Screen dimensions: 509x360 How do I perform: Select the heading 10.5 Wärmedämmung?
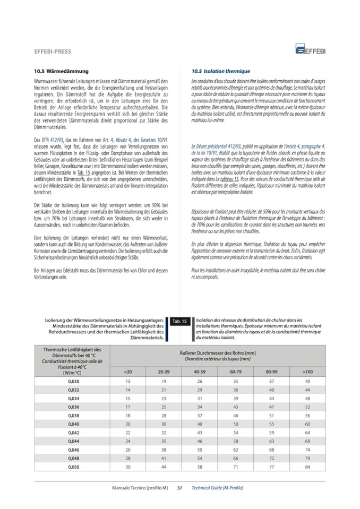61,71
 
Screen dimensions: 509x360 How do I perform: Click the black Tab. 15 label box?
179,322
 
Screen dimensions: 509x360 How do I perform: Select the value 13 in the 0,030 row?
127,381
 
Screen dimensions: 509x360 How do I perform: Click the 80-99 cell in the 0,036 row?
272,407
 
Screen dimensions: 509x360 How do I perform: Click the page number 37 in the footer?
179,487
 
